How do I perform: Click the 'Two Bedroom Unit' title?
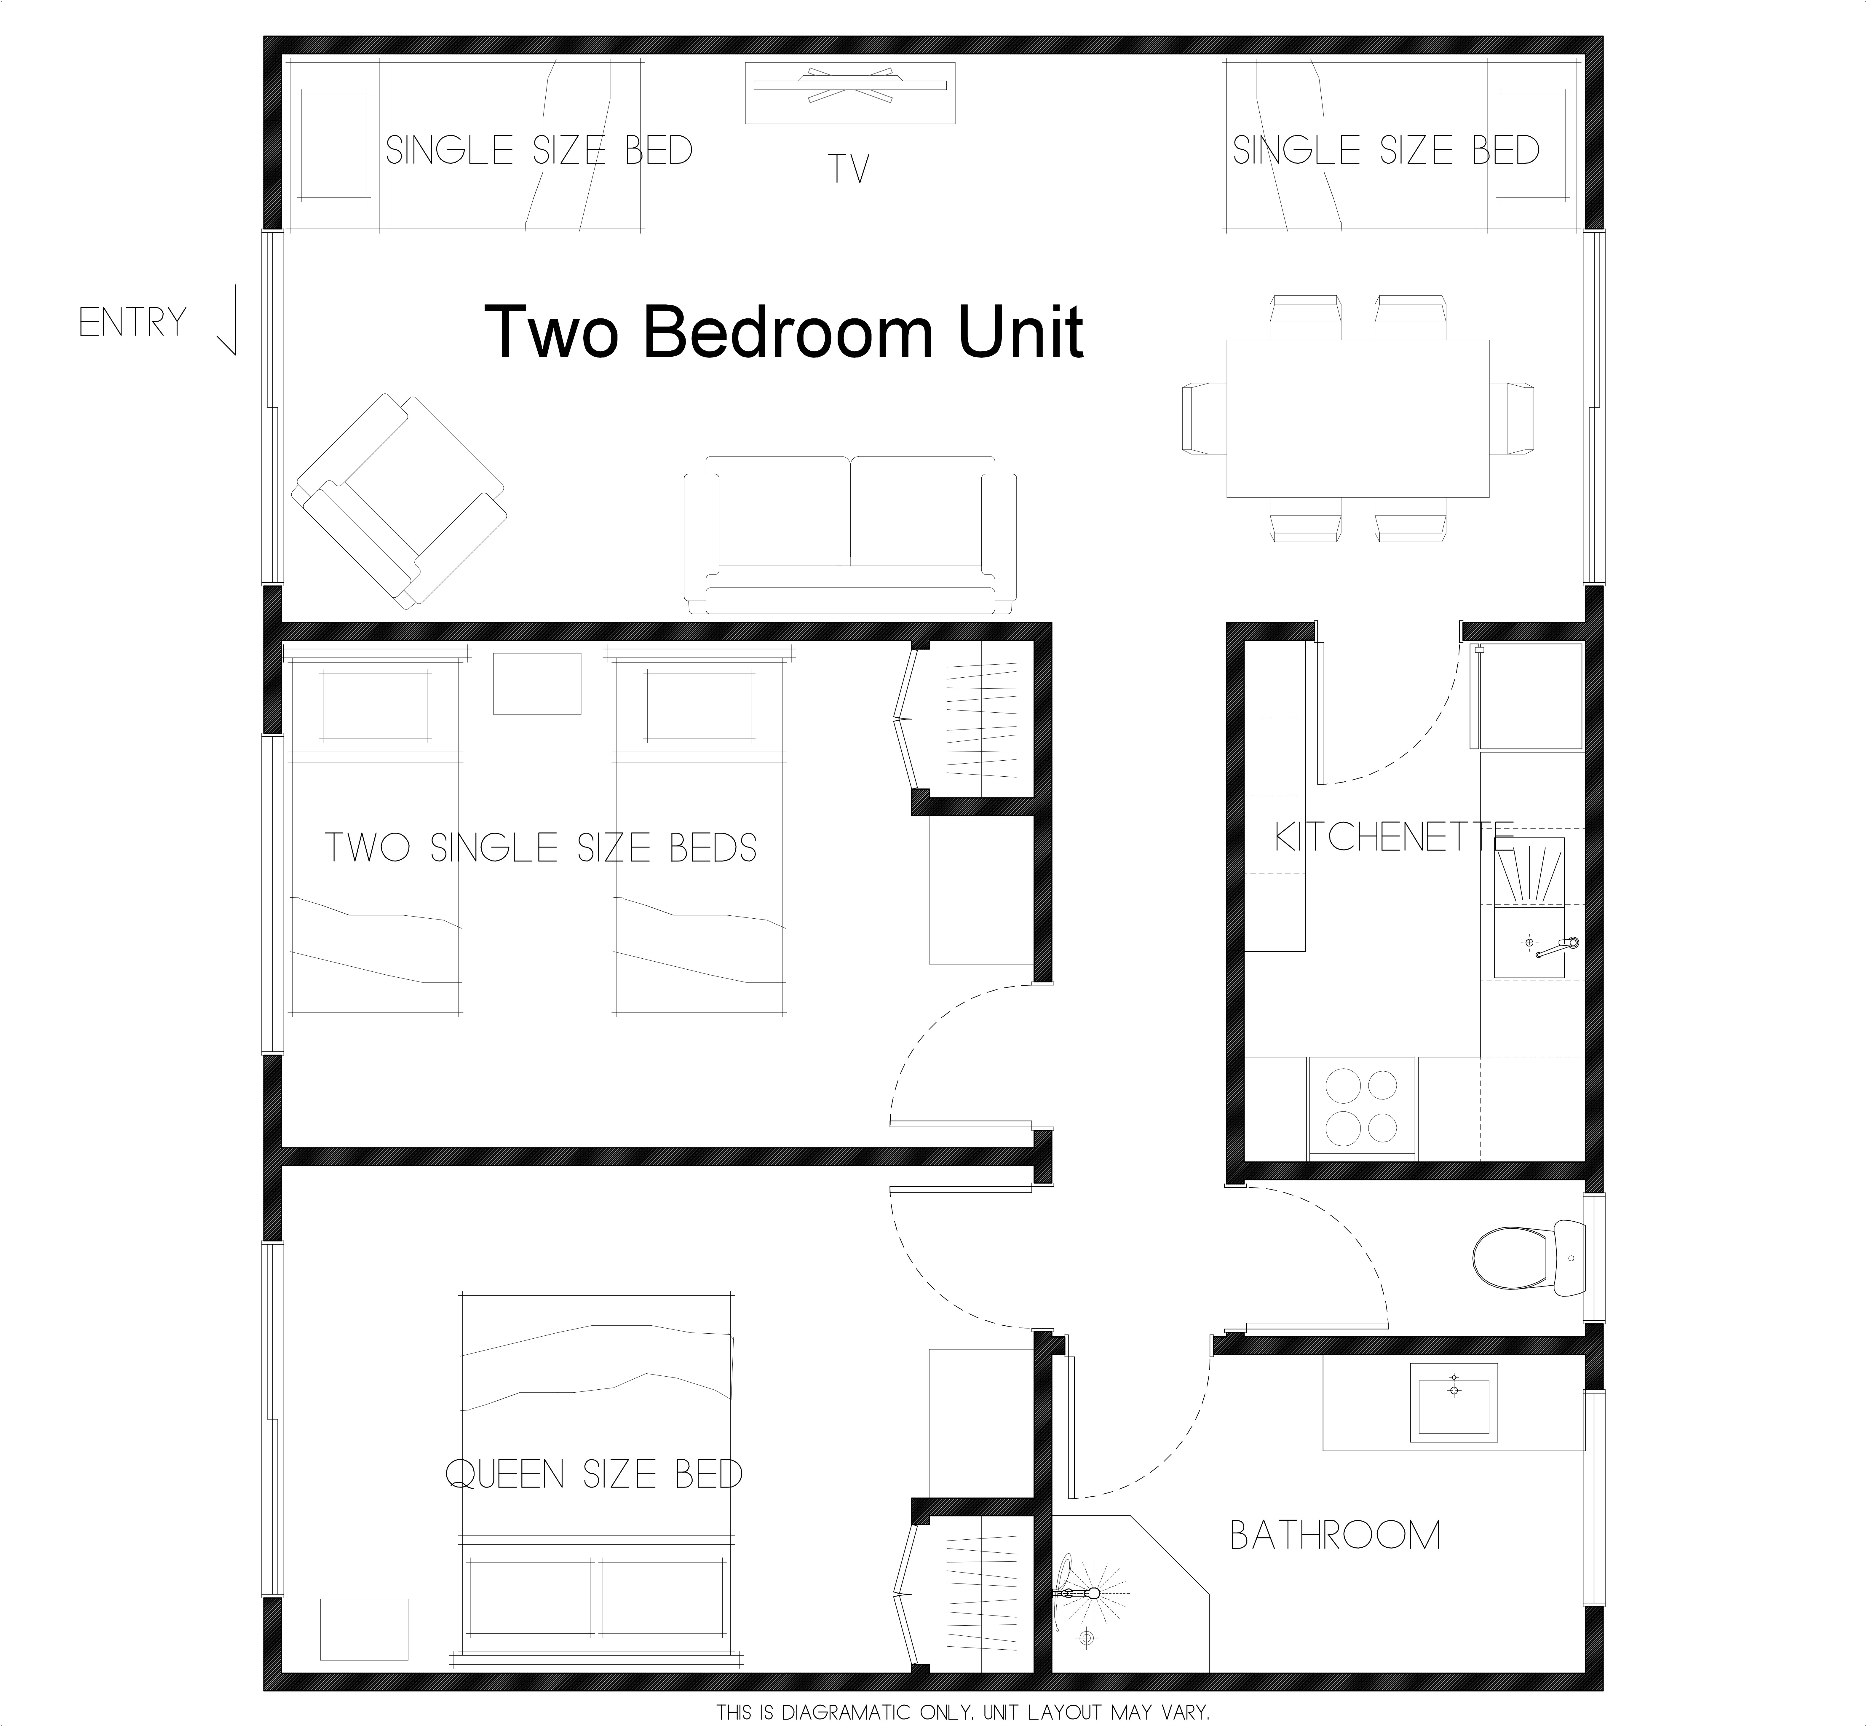(783, 332)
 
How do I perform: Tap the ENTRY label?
(133, 323)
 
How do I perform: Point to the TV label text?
(849, 169)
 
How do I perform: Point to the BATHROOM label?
(1334, 1536)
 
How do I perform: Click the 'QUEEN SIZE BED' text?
(594, 1475)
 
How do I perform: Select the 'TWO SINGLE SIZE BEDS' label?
(540, 847)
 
